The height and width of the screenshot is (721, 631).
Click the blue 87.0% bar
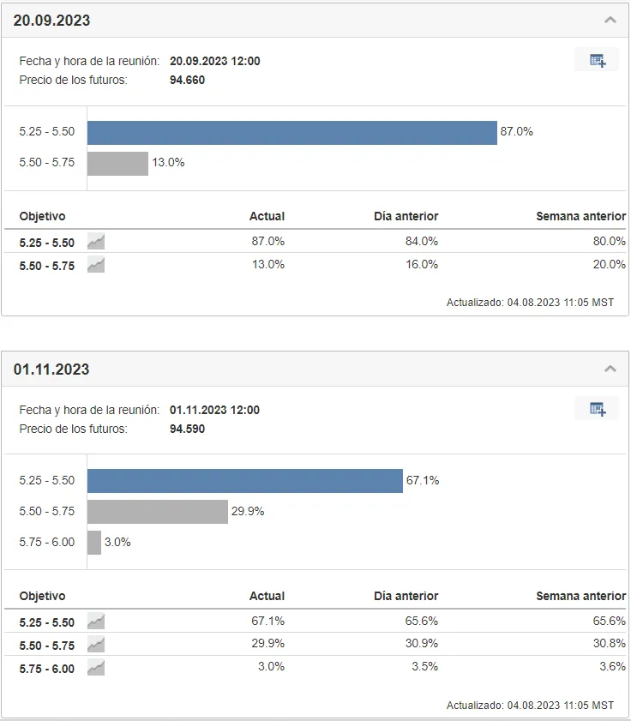pyautogui.click(x=292, y=133)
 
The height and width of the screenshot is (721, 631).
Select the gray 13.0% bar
pyautogui.click(x=117, y=164)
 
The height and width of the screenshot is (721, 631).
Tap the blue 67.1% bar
pyautogui.click(x=245, y=481)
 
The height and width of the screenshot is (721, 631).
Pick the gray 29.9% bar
pyautogui.click(x=158, y=512)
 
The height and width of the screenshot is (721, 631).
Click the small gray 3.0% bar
pyautogui.click(x=94, y=543)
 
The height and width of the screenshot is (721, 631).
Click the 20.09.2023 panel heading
pyautogui.click(x=51, y=21)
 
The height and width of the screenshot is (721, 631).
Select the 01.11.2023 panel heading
pyautogui.click(x=51, y=370)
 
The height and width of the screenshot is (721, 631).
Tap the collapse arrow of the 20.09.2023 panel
pyautogui.click(x=610, y=20)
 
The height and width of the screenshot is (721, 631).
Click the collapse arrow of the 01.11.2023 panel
pyautogui.click(x=610, y=369)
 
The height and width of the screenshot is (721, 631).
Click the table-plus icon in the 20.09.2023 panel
pyautogui.click(x=598, y=60)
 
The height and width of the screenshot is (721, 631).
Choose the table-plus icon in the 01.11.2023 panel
pyautogui.click(x=598, y=409)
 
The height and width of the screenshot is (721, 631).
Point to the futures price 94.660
pyautogui.click(x=187, y=80)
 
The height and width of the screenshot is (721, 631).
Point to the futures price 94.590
pyautogui.click(x=187, y=429)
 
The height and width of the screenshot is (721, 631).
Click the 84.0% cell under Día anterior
pyautogui.click(x=422, y=241)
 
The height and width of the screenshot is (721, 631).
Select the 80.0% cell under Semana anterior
pyautogui.click(x=610, y=241)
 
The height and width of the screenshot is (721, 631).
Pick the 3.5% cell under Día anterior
pyautogui.click(x=425, y=667)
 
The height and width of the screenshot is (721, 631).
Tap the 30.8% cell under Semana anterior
pyautogui.click(x=610, y=643)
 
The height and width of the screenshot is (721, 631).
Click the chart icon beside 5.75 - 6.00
pyautogui.click(x=96, y=668)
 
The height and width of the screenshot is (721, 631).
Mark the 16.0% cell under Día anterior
pyautogui.click(x=422, y=264)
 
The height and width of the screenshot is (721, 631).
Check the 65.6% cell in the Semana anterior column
pyautogui.click(x=610, y=621)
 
